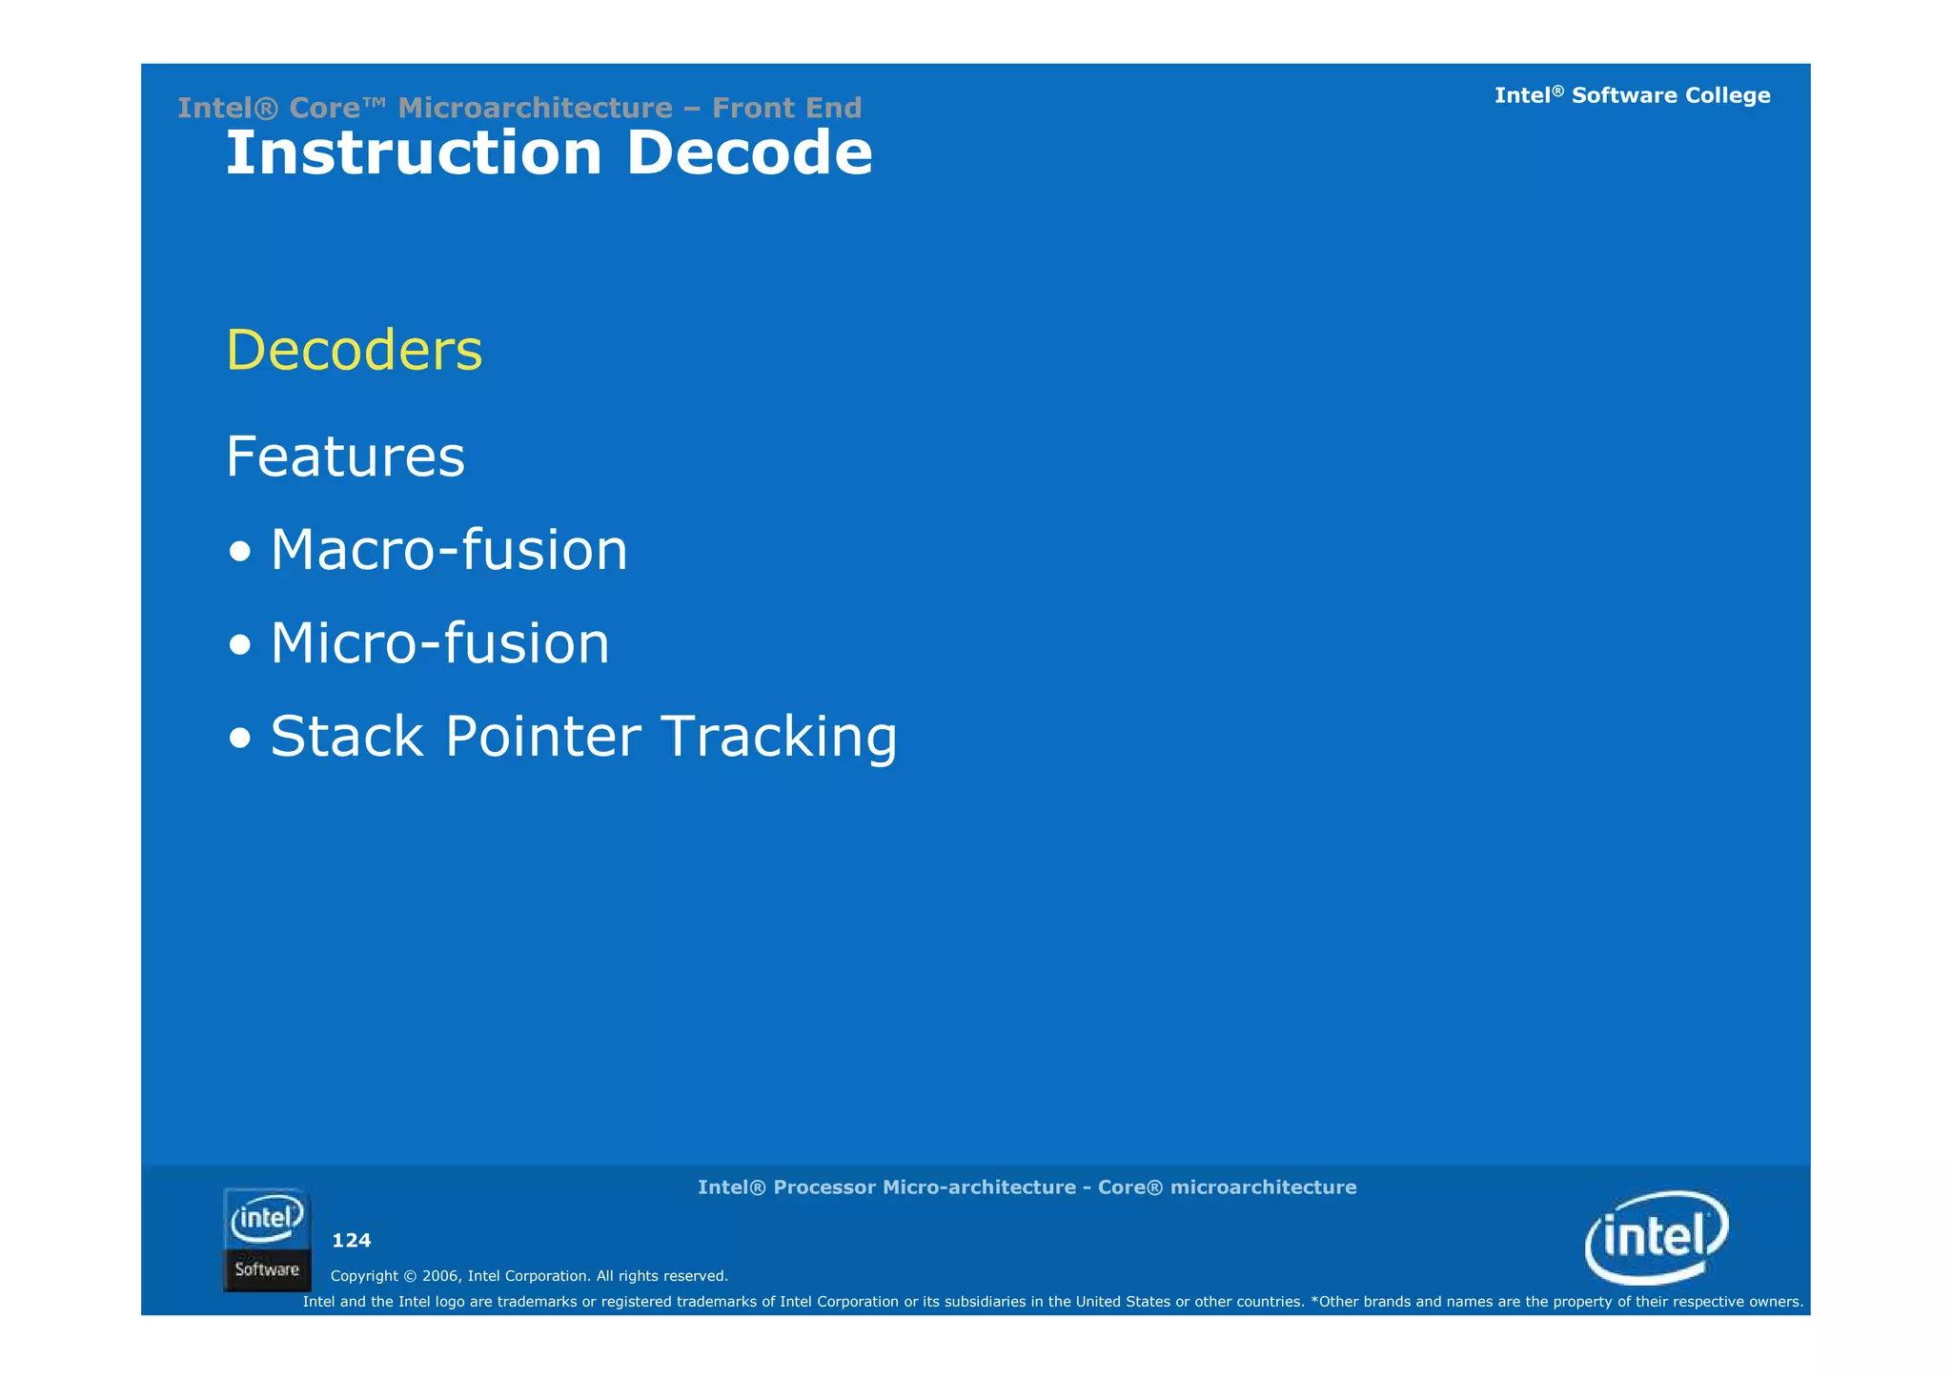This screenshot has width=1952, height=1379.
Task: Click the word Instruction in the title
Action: point(413,153)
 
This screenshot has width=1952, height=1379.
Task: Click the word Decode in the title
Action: point(749,153)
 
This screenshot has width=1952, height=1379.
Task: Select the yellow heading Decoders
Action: point(354,350)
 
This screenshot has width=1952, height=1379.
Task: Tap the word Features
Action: point(345,456)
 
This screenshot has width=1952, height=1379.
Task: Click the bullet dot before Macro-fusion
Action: point(240,552)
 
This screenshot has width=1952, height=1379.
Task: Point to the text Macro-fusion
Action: point(448,550)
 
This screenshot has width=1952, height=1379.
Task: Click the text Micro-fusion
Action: point(439,643)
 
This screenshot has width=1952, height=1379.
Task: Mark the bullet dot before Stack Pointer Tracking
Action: point(240,739)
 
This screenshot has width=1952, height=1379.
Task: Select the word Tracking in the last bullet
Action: point(779,737)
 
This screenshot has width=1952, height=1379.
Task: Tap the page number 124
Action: point(351,1241)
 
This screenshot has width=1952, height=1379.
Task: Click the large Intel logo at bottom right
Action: point(1657,1237)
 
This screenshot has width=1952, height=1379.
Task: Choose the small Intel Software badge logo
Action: point(267,1239)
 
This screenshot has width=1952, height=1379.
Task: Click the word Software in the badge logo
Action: point(267,1269)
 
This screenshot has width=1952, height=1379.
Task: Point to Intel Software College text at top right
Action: point(1632,95)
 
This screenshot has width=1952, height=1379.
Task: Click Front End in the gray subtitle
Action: point(786,108)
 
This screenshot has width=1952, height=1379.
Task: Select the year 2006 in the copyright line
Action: point(440,1276)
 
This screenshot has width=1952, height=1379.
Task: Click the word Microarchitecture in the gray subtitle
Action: point(535,108)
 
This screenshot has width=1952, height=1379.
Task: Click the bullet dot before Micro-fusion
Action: point(240,645)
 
